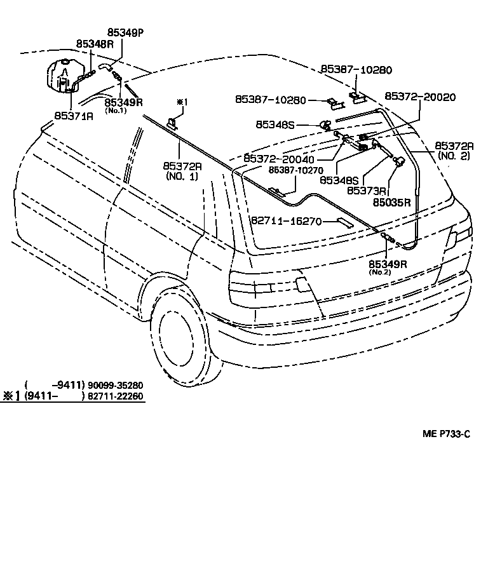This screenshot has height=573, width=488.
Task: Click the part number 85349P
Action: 125,32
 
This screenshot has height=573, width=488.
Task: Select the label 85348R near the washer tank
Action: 95,44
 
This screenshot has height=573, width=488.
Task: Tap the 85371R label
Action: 74,116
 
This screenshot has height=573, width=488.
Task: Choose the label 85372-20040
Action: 280,158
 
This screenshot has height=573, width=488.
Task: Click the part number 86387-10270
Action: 295,170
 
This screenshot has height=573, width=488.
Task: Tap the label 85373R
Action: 367,190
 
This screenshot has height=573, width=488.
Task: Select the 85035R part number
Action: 391,203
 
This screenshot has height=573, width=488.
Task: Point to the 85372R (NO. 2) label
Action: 452,151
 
